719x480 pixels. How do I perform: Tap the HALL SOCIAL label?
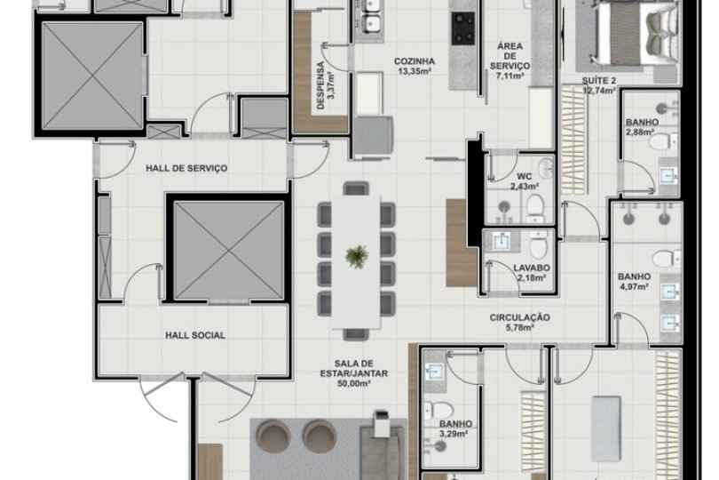click(x=194, y=335)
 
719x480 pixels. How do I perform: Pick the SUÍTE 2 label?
click(x=599, y=85)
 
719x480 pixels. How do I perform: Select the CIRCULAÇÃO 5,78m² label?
click(x=519, y=323)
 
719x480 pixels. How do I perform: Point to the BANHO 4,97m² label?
click(x=634, y=281)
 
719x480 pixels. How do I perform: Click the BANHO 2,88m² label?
click(x=641, y=127)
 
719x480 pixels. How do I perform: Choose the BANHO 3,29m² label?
click(x=455, y=430)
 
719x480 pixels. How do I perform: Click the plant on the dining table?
click(x=356, y=256)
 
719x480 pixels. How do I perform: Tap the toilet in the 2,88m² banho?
click(x=662, y=141)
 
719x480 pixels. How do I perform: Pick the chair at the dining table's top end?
click(x=356, y=188)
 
